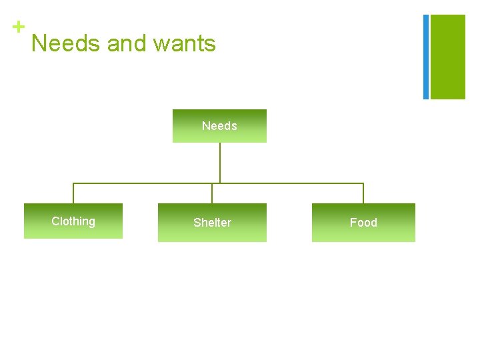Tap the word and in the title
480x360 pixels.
pyautogui.click(x=127, y=44)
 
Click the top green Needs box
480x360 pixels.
pyautogui.click(x=219, y=126)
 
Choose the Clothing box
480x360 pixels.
pyautogui.click(x=73, y=221)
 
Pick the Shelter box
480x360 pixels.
pyautogui.click(x=212, y=223)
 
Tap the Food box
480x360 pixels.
pyautogui.click(x=363, y=223)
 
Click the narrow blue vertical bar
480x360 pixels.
pyautogui.click(x=426, y=57)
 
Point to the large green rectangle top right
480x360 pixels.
pyautogui.click(x=448, y=57)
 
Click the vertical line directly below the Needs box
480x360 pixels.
pyautogui.click(x=219, y=162)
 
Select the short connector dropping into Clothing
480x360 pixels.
pyautogui.click(x=73, y=193)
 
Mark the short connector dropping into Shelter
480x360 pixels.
pyautogui.click(x=212, y=193)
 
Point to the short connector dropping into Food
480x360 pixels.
pyautogui.click(x=363, y=193)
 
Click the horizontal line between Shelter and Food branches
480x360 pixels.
pyautogui.click(x=293, y=183)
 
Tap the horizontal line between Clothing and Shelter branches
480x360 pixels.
pyautogui.click(x=143, y=183)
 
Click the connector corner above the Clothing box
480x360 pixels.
pyautogui.click(x=73, y=183)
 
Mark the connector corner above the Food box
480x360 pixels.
pyautogui.click(x=363, y=183)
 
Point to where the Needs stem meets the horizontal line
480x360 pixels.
pyautogui.click(x=219, y=183)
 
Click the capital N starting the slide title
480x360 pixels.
pyautogui.click(x=39, y=44)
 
